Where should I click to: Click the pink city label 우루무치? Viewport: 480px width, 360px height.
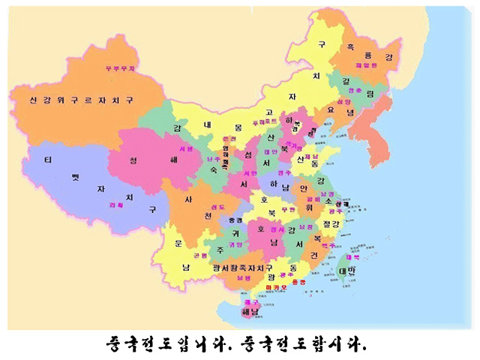120,68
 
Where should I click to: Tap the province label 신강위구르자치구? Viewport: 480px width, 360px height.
82,99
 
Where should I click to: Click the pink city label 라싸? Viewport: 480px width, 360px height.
117,204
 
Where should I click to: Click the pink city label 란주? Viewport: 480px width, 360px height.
213,159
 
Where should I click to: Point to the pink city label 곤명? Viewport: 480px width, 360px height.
201,255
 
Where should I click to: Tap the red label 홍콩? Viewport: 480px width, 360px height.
298,281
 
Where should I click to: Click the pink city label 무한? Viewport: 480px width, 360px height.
288,210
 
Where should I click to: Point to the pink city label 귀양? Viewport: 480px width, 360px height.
236,244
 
